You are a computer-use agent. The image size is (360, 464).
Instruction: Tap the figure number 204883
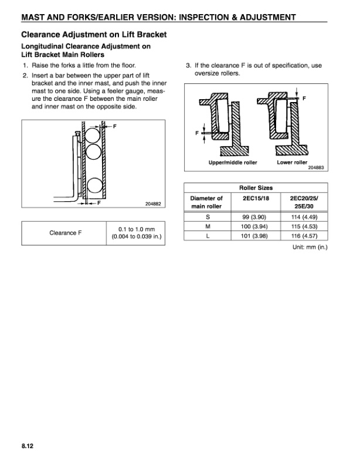pos(316,167)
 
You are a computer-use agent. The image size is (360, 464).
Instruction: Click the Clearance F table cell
pos(66,233)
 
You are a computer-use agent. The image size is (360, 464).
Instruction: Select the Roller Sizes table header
pos(255,188)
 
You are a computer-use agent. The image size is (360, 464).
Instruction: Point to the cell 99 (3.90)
pos(255,216)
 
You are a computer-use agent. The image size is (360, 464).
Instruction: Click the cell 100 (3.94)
pos(255,226)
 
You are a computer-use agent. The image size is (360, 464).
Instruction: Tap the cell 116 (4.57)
pos(304,235)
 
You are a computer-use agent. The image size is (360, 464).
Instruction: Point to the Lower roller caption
pos(292,162)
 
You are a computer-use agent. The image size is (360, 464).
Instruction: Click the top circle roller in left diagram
pos(93,137)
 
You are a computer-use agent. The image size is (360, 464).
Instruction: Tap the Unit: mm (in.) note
pos(310,247)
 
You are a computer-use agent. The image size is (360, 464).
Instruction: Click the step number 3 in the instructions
pos(189,66)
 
